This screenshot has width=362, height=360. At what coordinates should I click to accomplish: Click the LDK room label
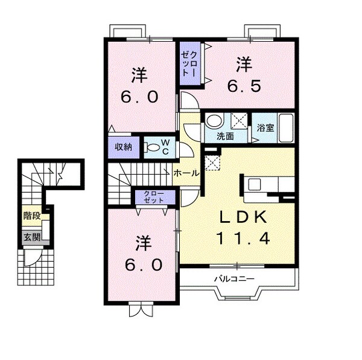tap(244, 217)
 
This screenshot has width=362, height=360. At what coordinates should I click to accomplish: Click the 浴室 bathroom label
tap(265, 128)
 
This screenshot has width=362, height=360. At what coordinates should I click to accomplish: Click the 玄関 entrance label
tap(32, 237)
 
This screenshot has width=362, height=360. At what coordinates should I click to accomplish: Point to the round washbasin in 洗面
tap(212, 120)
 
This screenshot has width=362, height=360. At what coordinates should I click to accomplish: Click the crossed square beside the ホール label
tap(211, 162)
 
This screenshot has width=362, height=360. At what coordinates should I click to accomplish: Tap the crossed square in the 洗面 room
tap(240, 120)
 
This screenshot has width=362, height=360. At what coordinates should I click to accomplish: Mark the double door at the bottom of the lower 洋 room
tap(138, 312)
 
